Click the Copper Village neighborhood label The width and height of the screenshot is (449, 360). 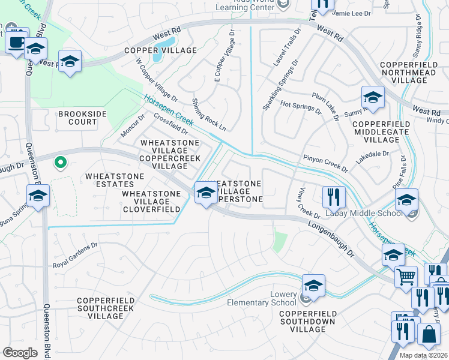(160, 51)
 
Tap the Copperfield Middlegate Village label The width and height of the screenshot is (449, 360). (382, 132)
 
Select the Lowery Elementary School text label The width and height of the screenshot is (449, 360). (262, 299)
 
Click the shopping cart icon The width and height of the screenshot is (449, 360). (406, 277)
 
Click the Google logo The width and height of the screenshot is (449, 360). (20, 352)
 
